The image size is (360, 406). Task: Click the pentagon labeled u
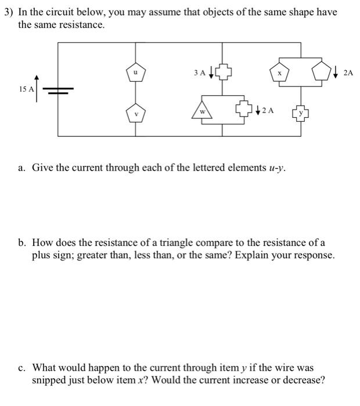(136, 72)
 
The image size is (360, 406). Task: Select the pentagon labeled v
(136, 113)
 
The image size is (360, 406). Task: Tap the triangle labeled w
(203, 111)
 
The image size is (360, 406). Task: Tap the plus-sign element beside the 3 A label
(224, 73)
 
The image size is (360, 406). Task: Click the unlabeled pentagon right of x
(322, 73)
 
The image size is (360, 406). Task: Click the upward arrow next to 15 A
(38, 87)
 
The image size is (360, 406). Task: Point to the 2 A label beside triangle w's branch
(268, 110)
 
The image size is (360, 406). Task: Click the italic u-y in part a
(275, 168)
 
